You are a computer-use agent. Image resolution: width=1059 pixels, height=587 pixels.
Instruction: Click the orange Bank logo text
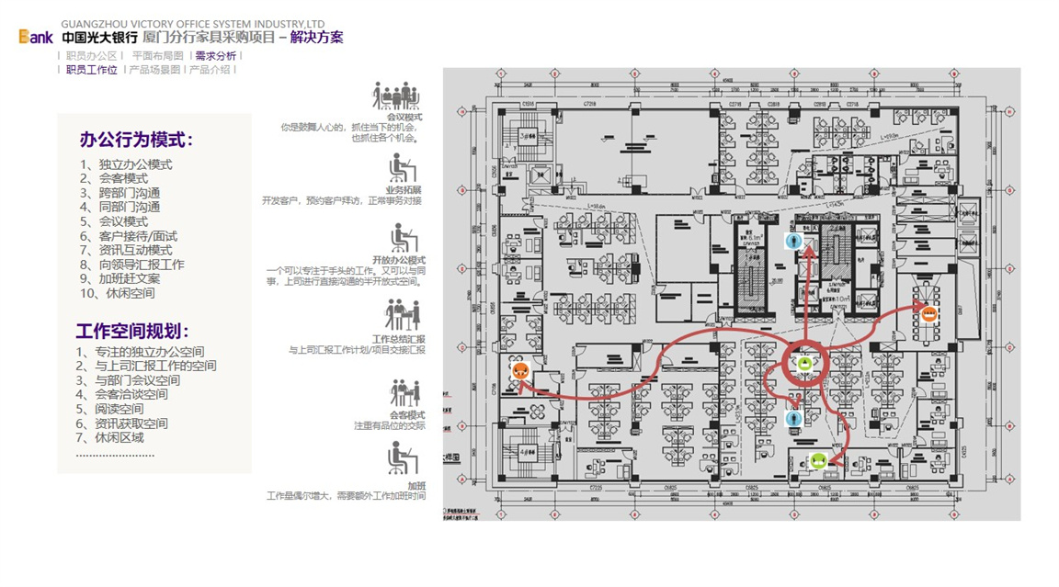(36, 38)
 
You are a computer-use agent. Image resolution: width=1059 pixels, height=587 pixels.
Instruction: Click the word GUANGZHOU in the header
(89, 23)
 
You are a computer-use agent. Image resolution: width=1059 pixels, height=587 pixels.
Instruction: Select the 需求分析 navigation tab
(215, 56)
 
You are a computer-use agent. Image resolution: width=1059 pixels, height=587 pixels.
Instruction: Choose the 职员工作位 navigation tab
(91, 70)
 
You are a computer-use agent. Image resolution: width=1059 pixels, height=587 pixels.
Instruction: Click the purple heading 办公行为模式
(136, 141)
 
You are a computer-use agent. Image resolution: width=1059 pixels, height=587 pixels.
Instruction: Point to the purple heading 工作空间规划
(132, 332)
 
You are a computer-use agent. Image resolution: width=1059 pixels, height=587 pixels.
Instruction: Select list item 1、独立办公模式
(126, 165)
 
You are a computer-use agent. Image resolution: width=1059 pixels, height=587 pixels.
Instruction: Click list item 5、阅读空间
(109, 409)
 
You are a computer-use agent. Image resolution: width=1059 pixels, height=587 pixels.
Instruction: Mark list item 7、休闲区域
(109, 437)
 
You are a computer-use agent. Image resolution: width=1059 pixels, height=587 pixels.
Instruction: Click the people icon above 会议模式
(396, 96)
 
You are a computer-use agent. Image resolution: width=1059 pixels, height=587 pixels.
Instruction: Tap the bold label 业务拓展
(404, 190)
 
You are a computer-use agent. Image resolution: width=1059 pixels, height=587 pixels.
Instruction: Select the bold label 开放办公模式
(399, 261)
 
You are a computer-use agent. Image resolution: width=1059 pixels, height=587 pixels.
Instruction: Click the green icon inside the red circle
(805, 364)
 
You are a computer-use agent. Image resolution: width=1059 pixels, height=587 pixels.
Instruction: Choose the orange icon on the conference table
(928, 313)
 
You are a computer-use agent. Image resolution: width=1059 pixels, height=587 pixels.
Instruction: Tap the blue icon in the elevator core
(795, 242)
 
